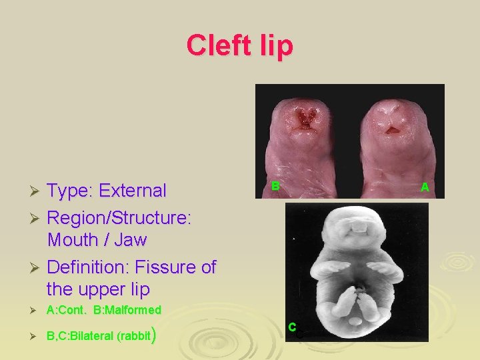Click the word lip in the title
[274, 45]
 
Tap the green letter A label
[425, 188]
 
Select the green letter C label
[292, 327]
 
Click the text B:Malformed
[127, 310]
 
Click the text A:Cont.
[67, 310]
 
